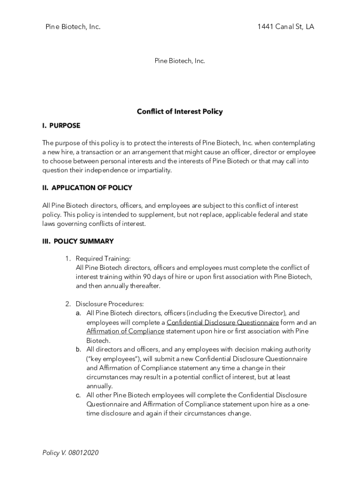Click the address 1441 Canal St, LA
tap(285, 27)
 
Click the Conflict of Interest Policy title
tap(180, 111)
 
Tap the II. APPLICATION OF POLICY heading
tap(87, 188)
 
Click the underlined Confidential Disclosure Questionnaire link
tap(223, 322)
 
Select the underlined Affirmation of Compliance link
tap(125, 331)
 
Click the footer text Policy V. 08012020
tap(70, 453)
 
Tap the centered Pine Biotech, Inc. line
tap(180, 61)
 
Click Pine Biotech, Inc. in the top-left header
tap(73, 27)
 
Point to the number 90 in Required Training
tap(147, 277)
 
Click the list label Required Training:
tap(103, 259)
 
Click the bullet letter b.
tap(79, 349)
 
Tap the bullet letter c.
tap(79, 395)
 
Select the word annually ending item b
tap(99, 386)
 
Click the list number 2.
tap(67, 304)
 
